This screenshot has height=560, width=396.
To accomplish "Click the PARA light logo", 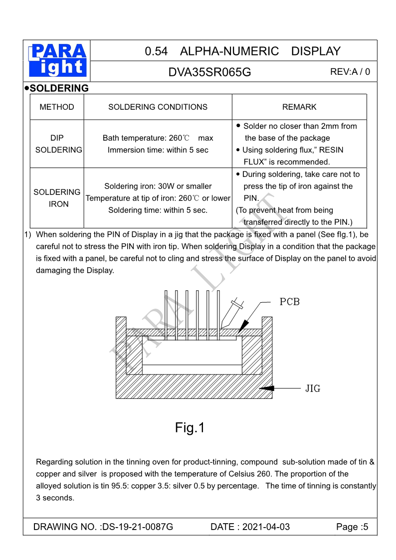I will point(58,60).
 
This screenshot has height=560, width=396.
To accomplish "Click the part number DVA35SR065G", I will point(209,72).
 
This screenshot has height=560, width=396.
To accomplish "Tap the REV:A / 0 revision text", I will point(350,71).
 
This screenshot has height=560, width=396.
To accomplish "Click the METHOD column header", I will point(57,107).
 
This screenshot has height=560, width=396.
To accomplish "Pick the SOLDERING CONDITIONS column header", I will point(158,107).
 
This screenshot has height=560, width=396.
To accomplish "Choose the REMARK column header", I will point(299,107).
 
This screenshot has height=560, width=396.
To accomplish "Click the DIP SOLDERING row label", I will point(58,144).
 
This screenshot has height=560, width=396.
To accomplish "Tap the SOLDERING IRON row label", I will point(57,198).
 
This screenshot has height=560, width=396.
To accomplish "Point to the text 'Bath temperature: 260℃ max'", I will point(158,138).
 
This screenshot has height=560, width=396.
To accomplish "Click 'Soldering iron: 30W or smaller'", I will point(158,186).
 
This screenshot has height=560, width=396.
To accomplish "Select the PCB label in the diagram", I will point(289,302).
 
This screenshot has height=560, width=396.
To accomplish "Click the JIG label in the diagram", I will point(313,388).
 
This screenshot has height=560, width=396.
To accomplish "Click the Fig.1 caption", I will point(190,427).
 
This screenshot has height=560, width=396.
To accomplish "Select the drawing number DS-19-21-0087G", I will point(137,527).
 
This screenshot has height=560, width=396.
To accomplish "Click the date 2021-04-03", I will point(266,527).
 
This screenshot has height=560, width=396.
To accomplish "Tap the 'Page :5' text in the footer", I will point(352,527).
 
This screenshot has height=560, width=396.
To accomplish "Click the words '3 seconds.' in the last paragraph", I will point(55,498).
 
